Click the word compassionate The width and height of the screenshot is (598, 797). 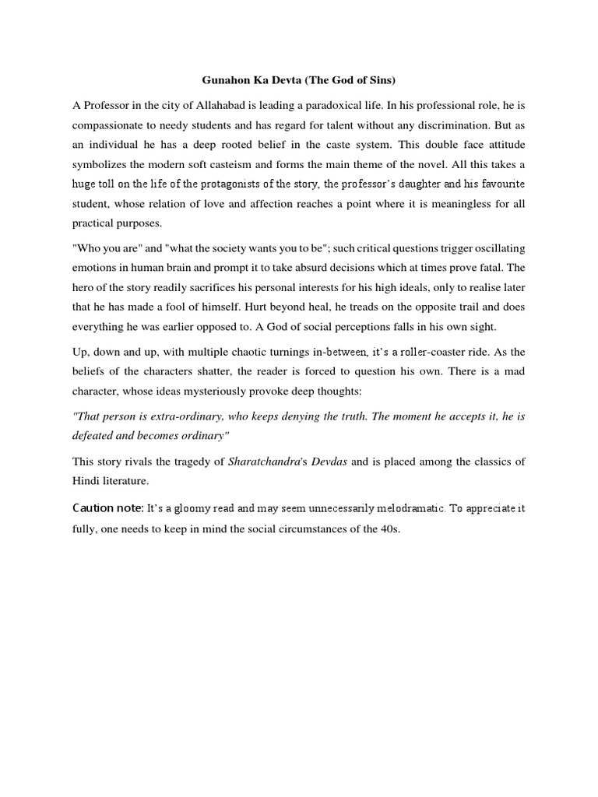108,125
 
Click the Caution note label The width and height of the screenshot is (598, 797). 107,508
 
